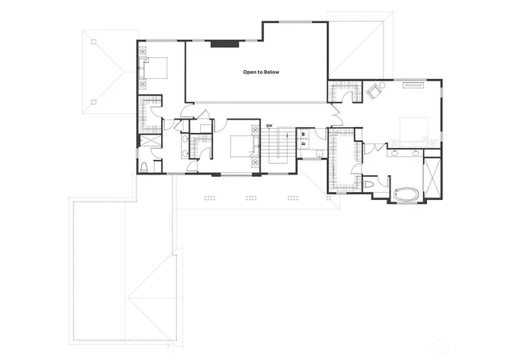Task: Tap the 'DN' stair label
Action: (x=269, y=127)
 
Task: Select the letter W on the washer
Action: (x=304, y=133)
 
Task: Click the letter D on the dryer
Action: (x=304, y=143)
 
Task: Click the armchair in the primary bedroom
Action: (x=373, y=91)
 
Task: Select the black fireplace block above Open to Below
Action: (x=222, y=44)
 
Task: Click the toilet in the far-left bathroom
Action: (x=144, y=167)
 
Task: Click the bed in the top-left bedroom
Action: (x=155, y=68)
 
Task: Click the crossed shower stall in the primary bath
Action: (x=432, y=179)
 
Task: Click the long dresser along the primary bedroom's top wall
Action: (x=414, y=83)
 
